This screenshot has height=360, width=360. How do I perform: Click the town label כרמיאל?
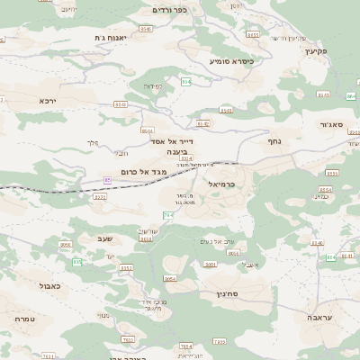pyautogui.click(x=220, y=184)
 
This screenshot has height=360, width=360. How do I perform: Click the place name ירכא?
pyautogui.click(x=48, y=101)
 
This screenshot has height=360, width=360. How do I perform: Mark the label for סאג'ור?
pyautogui.click(x=332, y=124)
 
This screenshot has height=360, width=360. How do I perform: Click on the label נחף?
pyautogui.click(x=276, y=140)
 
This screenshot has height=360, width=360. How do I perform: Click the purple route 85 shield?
pyautogui.click(x=108, y=179)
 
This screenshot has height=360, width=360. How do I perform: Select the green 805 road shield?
pyautogui.click(x=77, y=262)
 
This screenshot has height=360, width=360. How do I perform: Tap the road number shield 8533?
pyautogui.click(x=332, y=173)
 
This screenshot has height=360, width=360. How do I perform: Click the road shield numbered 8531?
pyautogui.click(x=100, y=195)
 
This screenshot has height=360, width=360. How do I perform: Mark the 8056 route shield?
pyautogui.click(x=66, y=244)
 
